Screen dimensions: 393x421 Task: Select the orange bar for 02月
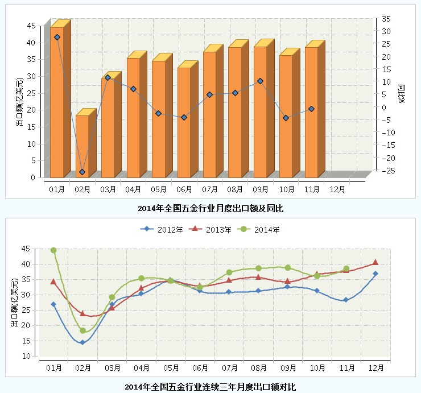click(82, 146)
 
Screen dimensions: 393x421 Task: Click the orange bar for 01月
click(56, 102)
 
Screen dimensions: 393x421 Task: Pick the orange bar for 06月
click(184, 122)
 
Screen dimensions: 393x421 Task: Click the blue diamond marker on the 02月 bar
click(82, 172)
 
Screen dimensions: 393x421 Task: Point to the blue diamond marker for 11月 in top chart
click(311, 109)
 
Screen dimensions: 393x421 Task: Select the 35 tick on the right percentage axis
click(386, 19)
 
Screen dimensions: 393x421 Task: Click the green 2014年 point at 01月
click(53, 250)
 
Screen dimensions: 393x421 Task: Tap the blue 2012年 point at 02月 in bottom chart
click(82, 342)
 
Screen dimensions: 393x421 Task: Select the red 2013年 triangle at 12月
click(375, 262)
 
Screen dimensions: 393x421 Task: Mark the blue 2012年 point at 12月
click(375, 274)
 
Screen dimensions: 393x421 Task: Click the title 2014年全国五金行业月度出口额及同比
click(210, 209)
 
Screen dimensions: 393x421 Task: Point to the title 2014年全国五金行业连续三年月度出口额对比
click(210, 387)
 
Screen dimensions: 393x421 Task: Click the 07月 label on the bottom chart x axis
click(229, 368)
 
